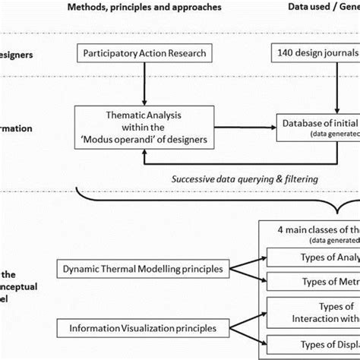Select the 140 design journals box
pos(315,55)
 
